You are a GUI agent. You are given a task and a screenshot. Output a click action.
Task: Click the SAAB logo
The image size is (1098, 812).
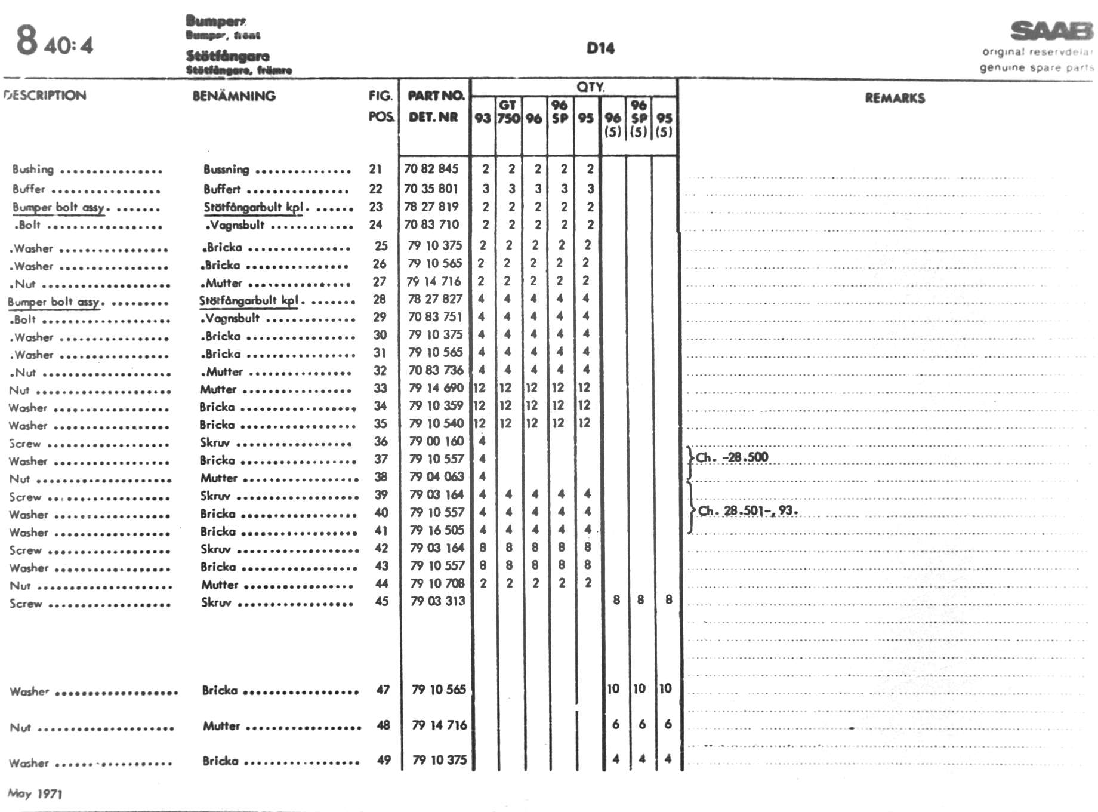(x=1051, y=31)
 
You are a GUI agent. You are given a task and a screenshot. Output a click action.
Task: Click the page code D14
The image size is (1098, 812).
(x=600, y=48)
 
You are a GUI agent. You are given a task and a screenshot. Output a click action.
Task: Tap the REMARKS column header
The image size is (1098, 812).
(x=895, y=98)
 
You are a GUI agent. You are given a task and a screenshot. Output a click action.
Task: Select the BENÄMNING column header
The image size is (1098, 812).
(x=234, y=96)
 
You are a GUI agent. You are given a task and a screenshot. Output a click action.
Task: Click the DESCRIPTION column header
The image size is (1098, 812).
(x=45, y=95)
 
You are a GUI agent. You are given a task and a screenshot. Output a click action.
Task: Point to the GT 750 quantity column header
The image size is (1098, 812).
(x=508, y=112)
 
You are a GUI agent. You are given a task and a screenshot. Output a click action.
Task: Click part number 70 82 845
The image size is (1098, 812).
(x=431, y=169)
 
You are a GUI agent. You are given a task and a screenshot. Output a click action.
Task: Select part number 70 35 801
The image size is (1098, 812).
(x=431, y=189)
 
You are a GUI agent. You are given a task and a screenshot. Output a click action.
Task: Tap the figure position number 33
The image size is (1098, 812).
(x=380, y=388)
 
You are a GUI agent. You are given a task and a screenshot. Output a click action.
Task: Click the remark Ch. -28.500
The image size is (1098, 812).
(x=732, y=457)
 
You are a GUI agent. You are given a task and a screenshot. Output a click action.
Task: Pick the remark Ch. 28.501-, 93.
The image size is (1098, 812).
(x=747, y=511)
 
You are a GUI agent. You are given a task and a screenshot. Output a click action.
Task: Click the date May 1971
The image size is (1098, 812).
(x=35, y=793)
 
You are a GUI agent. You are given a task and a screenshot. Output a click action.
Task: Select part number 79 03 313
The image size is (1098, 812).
(x=437, y=601)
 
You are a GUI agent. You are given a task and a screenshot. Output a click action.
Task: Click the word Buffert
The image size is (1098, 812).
(x=222, y=189)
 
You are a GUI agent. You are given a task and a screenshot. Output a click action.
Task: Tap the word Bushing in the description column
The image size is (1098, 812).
(x=33, y=170)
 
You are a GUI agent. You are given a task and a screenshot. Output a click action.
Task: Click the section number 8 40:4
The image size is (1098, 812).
(x=54, y=42)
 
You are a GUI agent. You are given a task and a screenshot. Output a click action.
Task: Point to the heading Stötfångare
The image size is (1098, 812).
(x=227, y=56)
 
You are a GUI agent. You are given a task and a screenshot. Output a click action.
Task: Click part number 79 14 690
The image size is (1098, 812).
(x=436, y=388)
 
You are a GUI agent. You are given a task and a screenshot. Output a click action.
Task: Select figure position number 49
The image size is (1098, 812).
(x=384, y=760)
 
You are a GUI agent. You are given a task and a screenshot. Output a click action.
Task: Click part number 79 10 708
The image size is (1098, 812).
(x=437, y=583)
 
